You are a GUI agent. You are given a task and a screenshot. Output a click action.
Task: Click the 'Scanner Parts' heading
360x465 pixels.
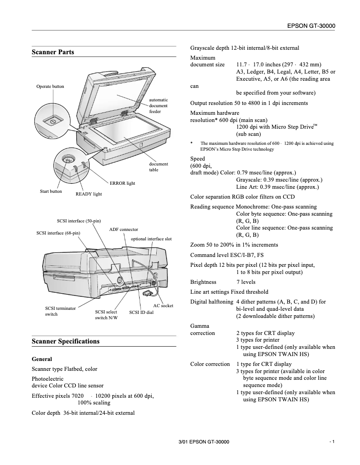click(53, 52)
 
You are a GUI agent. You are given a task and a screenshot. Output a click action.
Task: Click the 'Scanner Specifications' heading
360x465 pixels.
click(66, 341)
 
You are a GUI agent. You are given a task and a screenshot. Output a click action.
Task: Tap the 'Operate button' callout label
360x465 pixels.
click(50, 87)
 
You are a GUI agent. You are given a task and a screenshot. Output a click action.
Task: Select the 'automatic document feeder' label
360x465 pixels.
click(158, 106)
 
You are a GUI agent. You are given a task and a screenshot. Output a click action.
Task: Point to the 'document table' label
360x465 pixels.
click(158, 167)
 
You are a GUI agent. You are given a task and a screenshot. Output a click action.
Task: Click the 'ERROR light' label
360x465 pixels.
click(122, 183)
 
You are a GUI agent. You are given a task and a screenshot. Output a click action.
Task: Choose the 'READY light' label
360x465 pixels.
click(88, 194)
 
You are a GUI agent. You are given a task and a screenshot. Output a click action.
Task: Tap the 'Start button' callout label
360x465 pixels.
click(51, 191)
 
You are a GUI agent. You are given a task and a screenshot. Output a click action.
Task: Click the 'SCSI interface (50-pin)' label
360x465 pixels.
click(79, 221)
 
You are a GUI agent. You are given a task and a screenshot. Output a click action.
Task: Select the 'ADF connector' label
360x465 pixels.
click(123, 230)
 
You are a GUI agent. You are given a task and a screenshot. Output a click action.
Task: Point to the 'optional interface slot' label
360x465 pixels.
click(151, 239)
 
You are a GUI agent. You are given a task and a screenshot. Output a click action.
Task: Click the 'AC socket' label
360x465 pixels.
click(163, 305)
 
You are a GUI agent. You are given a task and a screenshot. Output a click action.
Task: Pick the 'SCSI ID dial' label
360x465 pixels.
click(141, 312)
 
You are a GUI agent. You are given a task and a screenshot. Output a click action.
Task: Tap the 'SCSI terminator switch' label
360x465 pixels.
click(60, 311)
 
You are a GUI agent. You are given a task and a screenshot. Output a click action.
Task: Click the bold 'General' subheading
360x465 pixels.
click(42, 359)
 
